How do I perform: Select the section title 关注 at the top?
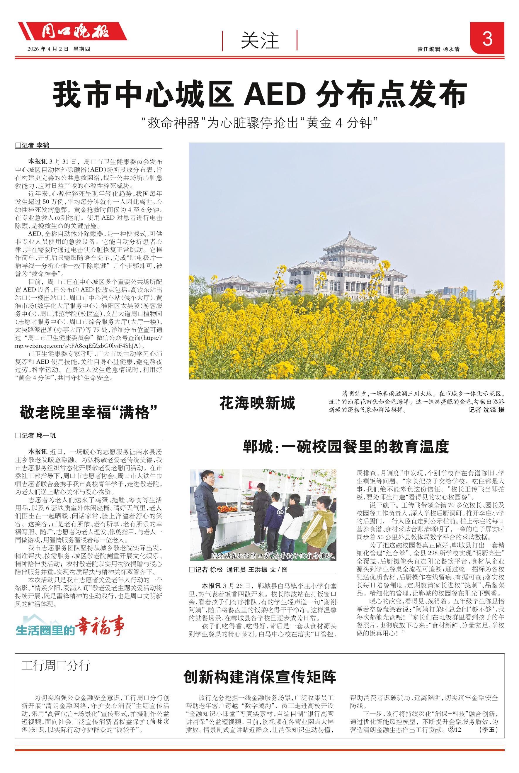(260, 41)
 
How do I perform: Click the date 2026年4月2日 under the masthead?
(48, 49)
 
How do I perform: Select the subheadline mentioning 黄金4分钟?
(260, 123)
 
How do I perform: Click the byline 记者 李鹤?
(33, 145)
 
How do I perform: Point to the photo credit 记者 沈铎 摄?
(486, 410)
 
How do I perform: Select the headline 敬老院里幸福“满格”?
(89, 413)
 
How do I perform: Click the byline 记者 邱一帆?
(36, 435)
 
